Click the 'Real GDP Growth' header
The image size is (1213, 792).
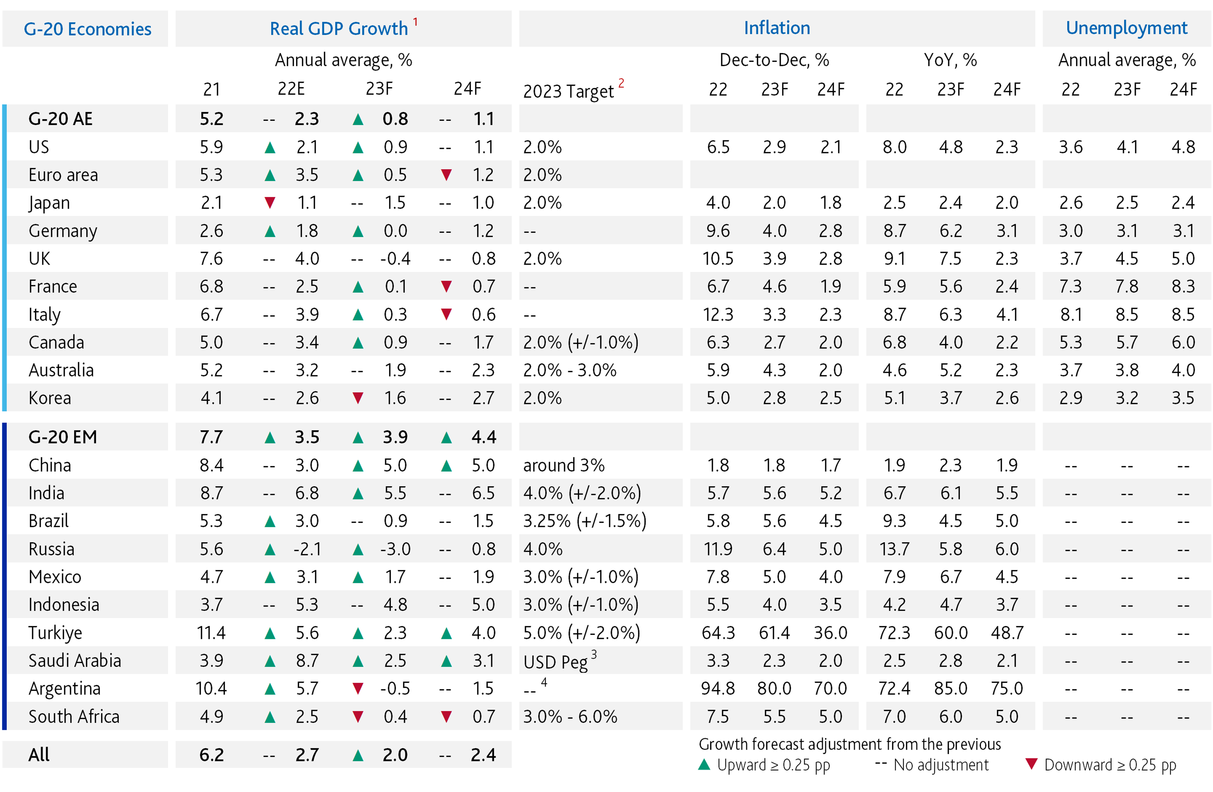(x=339, y=29)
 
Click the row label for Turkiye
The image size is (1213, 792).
(x=55, y=633)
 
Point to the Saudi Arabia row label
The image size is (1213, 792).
(x=75, y=661)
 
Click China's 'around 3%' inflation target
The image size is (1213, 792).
(x=564, y=465)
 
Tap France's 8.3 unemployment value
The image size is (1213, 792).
(x=1183, y=286)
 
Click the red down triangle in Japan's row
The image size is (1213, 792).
(x=270, y=203)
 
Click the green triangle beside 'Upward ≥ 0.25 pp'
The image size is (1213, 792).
(x=704, y=765)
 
